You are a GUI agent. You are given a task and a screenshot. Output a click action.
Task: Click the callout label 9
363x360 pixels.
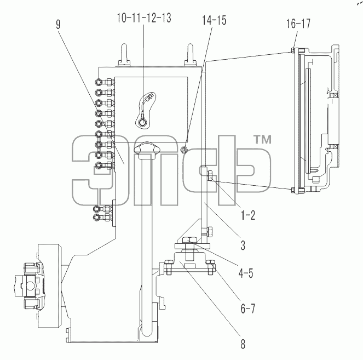coord(59,24)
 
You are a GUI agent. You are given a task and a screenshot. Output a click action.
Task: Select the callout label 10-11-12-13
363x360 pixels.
coord(144,18)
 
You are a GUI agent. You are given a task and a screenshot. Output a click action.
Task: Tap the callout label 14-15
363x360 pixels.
coord(214,20)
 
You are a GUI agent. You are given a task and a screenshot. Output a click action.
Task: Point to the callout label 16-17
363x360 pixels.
coord(298,24)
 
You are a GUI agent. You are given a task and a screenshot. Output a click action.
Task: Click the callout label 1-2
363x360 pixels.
coord(248,215)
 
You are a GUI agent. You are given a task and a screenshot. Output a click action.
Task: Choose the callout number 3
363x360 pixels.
coord(243,245)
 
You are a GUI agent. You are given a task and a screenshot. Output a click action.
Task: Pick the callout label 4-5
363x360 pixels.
coord(246,273)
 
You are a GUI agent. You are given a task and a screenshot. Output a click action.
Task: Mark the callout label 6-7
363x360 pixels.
coord(247,308)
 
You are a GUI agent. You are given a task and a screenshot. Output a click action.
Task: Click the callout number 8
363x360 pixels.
coord(243,344)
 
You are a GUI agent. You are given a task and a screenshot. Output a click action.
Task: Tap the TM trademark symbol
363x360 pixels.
coord(263,140)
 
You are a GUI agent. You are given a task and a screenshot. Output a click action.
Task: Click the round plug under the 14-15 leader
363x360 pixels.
coord(183,150)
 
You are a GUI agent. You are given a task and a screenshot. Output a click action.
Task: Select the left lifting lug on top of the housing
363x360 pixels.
coord(124,55)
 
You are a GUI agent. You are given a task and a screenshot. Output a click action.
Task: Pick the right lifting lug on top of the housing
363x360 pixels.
coord(190,55)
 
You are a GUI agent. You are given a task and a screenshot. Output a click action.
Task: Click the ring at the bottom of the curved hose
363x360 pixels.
coord(142,122)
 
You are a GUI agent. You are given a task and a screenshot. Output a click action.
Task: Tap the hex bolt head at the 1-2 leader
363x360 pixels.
coord(210,175)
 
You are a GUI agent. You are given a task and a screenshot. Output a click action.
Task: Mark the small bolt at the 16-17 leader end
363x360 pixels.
coord(293,50)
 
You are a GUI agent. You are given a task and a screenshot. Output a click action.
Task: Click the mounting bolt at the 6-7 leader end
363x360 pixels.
coord(210,267)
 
